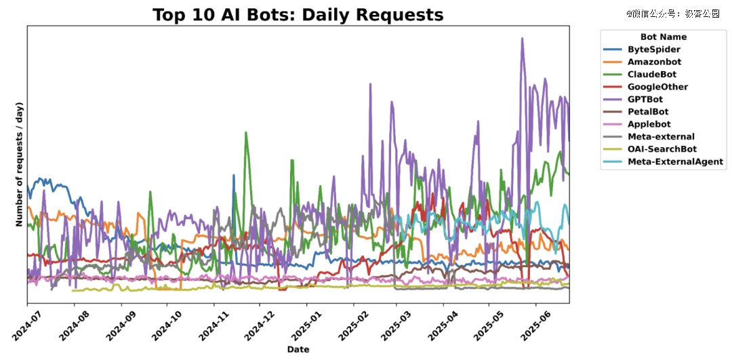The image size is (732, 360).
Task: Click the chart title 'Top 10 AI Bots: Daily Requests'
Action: (x=298, y=15)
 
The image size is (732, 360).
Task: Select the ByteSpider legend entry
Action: (x=653, y=49)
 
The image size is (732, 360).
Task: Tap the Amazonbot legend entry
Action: (x=654, y=62)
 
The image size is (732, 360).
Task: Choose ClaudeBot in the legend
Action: (x=651, y=75)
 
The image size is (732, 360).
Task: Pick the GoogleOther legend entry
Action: (x=657, y=87)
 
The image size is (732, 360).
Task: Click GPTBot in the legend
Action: (x=645, y=99)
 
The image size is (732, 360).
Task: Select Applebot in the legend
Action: (x=649, y=124)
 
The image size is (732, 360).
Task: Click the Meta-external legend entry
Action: (x=661, y=137)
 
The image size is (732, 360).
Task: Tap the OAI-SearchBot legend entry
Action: (x=662, y=149)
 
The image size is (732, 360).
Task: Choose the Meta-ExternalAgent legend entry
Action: (x=675, y=162)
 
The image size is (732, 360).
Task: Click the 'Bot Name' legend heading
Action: (x=664, y=37)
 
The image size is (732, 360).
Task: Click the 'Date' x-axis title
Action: (x=298, y=349)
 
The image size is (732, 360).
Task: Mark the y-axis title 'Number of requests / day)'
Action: (x=20, y=165)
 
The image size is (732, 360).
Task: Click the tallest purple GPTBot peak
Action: (x=522, y=39)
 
